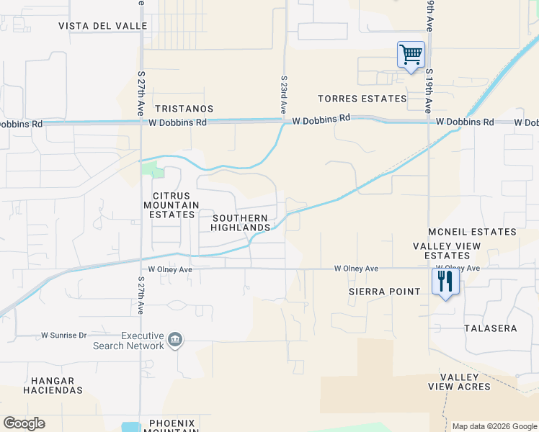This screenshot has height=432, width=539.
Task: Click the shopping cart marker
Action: [x=411, y=55]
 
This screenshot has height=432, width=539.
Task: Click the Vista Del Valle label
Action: [x=103, y=26]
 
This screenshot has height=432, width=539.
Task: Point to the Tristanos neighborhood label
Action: [x=184, y=109]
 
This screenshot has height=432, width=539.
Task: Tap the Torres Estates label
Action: [x=362, y=99]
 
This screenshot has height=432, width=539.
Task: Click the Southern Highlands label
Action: [x=240, y=222]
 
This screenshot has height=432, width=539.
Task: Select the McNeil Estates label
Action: [x=472, y=232]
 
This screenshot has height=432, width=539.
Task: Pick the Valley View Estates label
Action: [x=447, y=251]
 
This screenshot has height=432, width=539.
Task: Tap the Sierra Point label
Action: [x=384, y=292]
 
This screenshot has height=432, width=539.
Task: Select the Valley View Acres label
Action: [x=459, y=382]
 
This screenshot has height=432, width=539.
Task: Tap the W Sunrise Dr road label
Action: [x=63, y=336]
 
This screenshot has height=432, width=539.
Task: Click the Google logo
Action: [x=24, y=423]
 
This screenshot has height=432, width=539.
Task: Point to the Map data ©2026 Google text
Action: [x=494, y=426]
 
